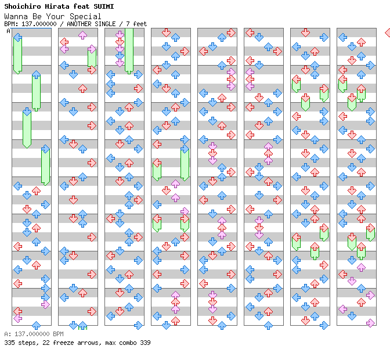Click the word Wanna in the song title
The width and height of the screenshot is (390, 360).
tap(15, 16)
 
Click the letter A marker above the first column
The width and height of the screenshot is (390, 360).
tap(9, 31)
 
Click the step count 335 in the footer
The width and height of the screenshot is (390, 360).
tap(9, 343)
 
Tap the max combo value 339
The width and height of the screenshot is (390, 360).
tap(145, 343)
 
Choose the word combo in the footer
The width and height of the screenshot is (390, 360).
tap(125, 343)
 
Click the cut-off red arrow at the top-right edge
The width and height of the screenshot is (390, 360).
tap(387, 33)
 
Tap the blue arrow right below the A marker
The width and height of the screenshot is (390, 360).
tap(17, 38)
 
